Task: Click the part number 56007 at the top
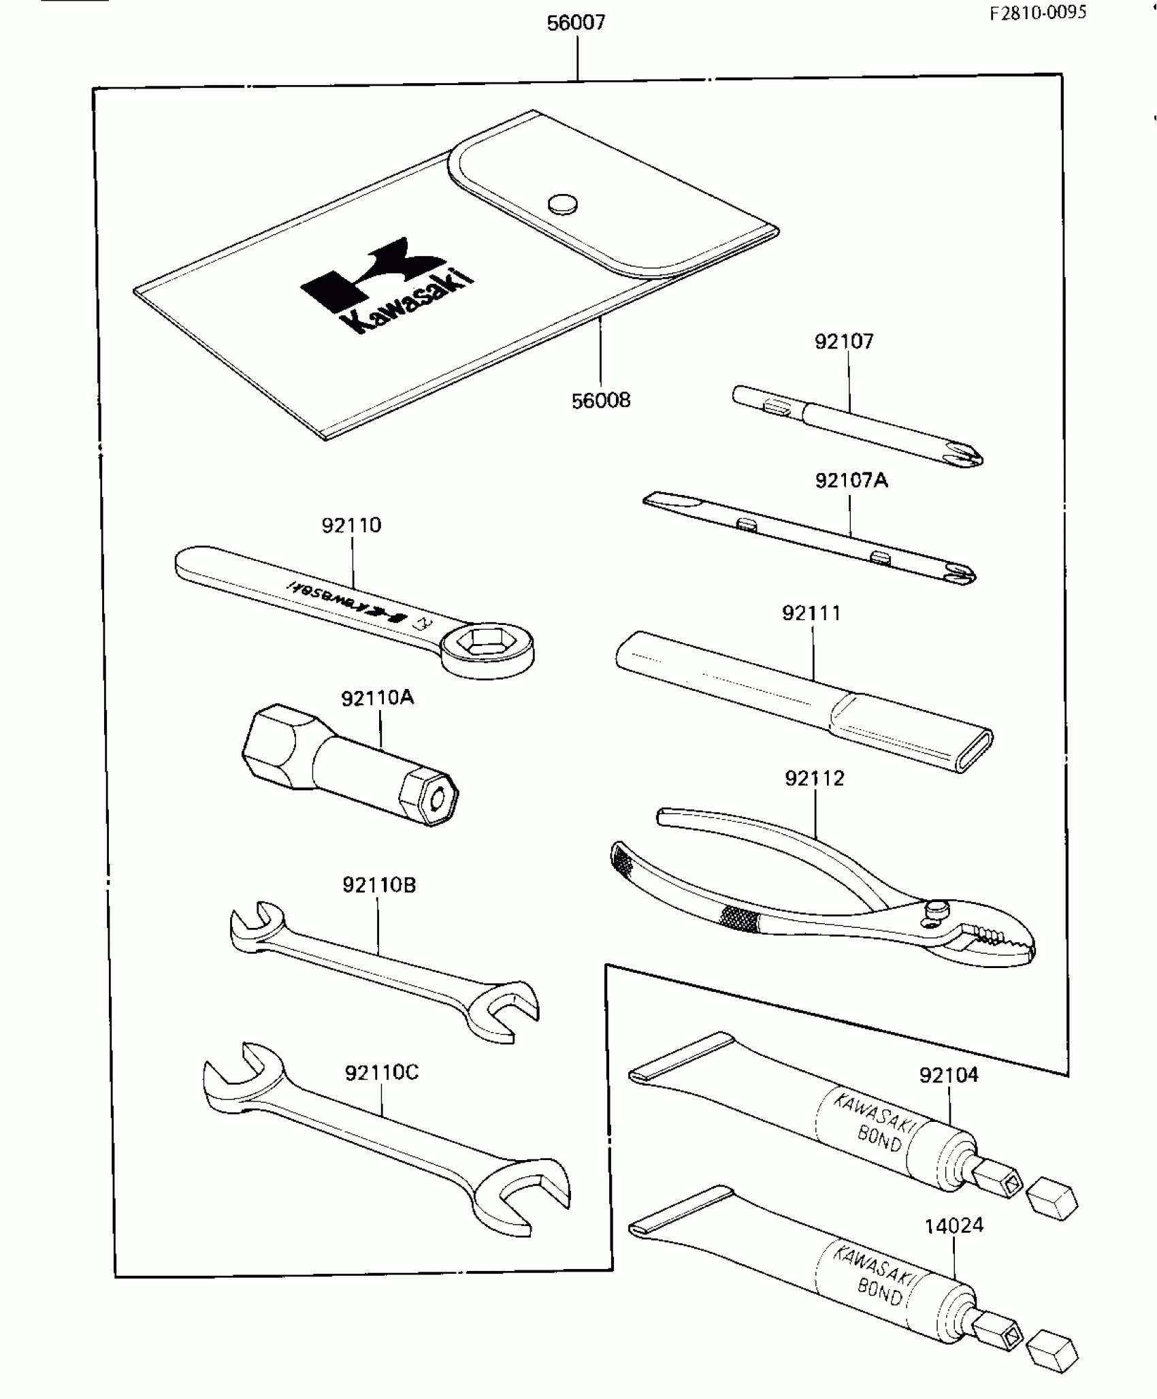pos(576,23)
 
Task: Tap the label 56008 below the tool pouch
pos(601,400)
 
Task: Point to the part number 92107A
pos(851,481)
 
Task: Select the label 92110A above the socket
pos(378,698)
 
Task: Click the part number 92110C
pos(382,1073)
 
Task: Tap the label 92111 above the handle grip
pos(811,613)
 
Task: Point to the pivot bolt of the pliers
pos(938,907)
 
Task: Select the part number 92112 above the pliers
pos(815,778)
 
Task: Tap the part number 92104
pos(949,1075)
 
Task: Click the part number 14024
pos(954,1225)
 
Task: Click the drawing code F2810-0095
pos(1038,13)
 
